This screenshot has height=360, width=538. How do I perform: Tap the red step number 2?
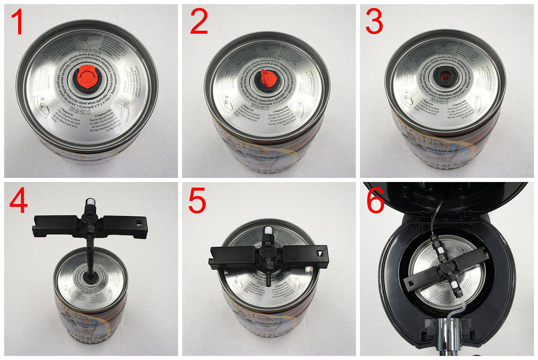[199, 24]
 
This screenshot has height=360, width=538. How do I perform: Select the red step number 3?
[374, 24]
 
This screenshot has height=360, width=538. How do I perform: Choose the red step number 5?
[197, 202]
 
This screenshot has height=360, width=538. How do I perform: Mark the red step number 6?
[375, 202]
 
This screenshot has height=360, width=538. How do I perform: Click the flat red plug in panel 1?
[87, 77]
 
